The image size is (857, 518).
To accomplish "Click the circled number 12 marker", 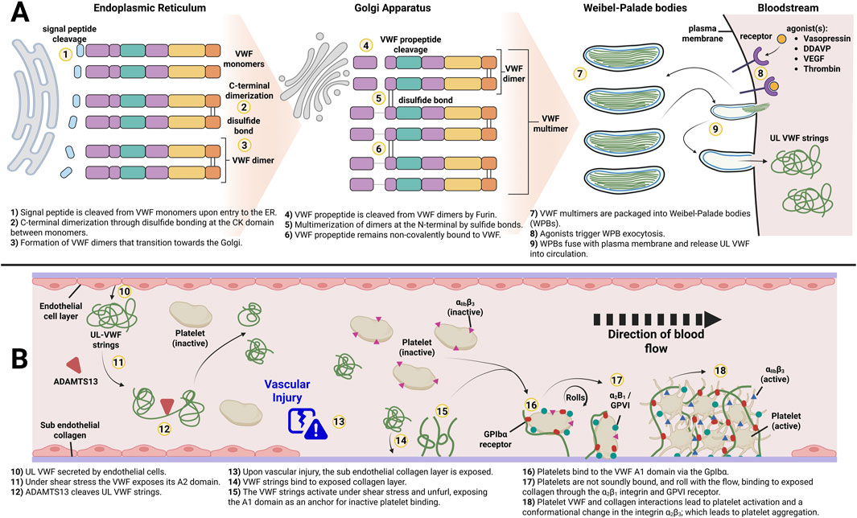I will [165, 429].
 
